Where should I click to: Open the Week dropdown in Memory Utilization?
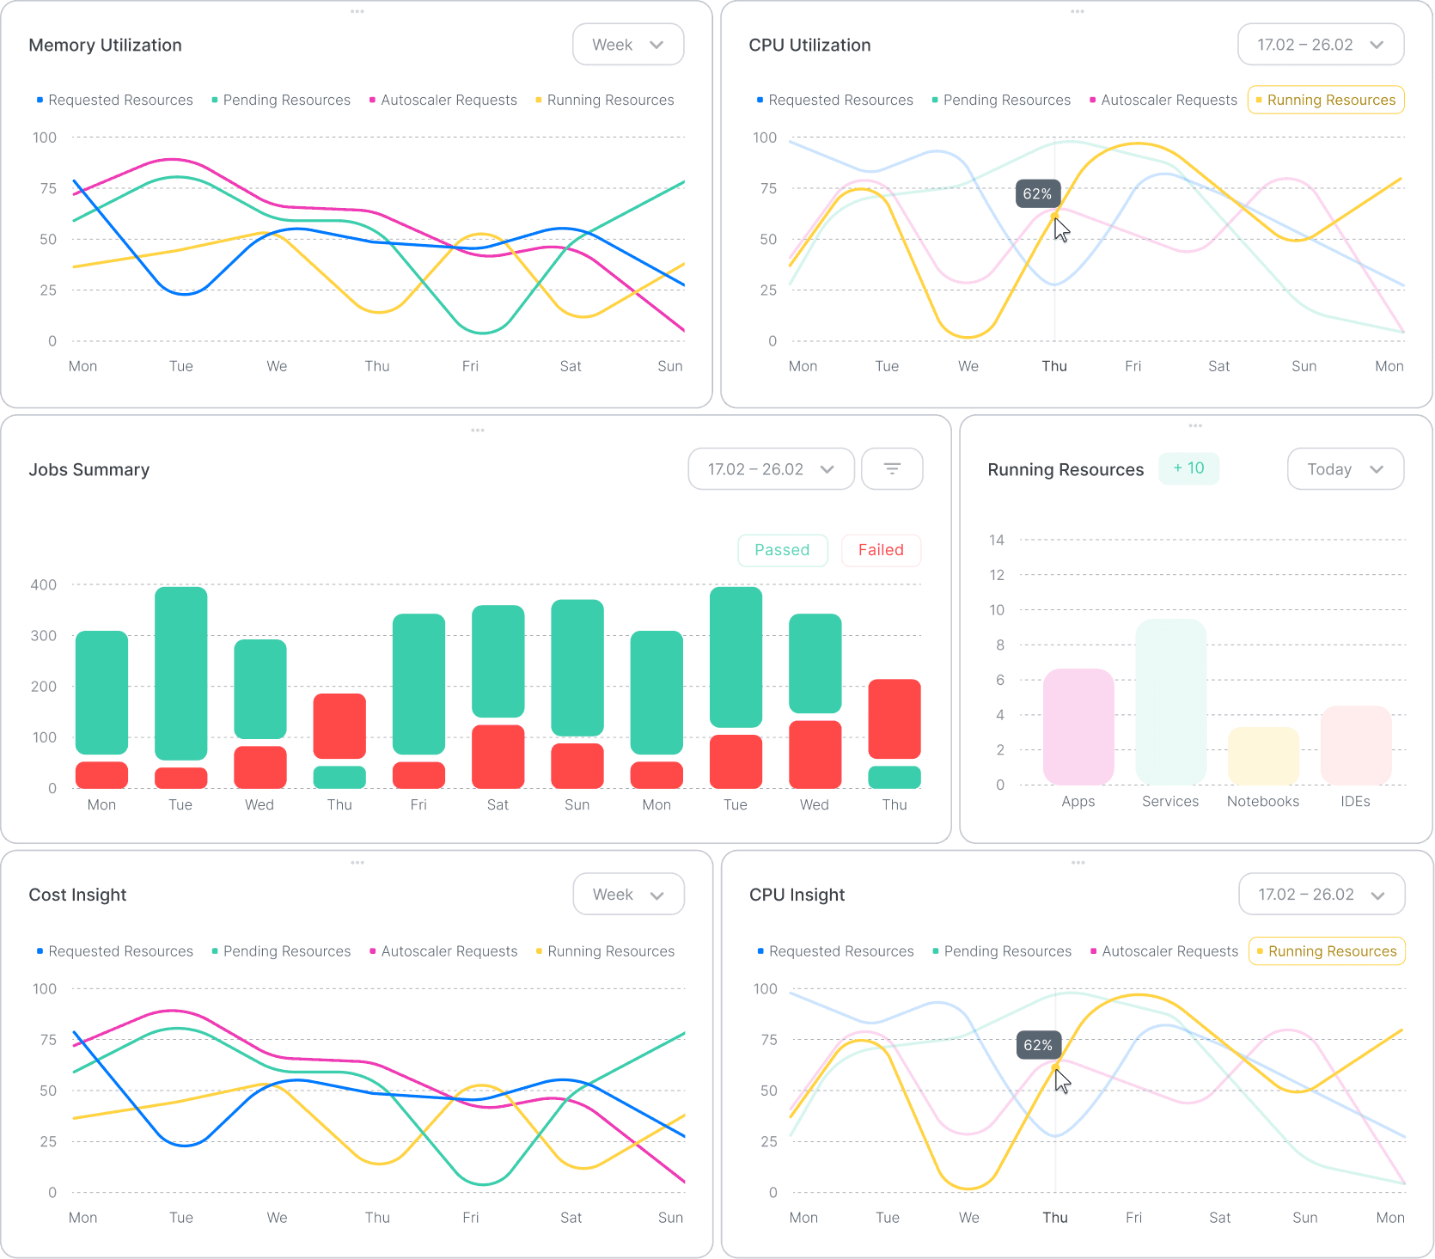click(x=628, y=45)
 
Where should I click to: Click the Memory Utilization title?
click(x=105, y=45)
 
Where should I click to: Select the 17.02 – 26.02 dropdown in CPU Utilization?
click(x=1320, y=45)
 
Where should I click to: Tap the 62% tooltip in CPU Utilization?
click(x=1037, y=194)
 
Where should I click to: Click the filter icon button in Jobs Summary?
click(x=892, y=469)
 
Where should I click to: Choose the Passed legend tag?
click(x=782, y=550)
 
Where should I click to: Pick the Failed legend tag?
click(x=881, y=550)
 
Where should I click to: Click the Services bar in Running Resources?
click(x=1170, y=701)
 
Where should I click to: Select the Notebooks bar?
click(x=1263, y=756)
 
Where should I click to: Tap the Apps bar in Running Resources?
click(x=1078, y=727)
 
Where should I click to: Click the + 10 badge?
click(x=1188, y=468)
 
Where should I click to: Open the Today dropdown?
click(x=1345, y=469)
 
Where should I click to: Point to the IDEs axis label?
click(x=1355, y=802)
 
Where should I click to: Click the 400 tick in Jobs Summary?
click(x=44, y=585)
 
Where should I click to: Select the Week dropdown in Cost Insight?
click(x=628, y=895)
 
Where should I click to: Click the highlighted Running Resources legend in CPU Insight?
click(x=1326, y=951)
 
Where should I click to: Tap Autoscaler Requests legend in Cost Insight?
click(x=443, y=951)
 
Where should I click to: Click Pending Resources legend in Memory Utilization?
click(x=281, y=101)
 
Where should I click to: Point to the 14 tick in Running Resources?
click(x=997, y=541)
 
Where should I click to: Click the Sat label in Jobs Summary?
click(x=498, y=805)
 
